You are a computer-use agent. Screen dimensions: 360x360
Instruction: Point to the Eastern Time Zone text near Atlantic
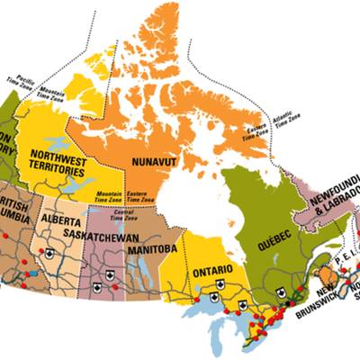coord(256,137)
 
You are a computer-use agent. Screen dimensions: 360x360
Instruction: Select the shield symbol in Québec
coord(281,291)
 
